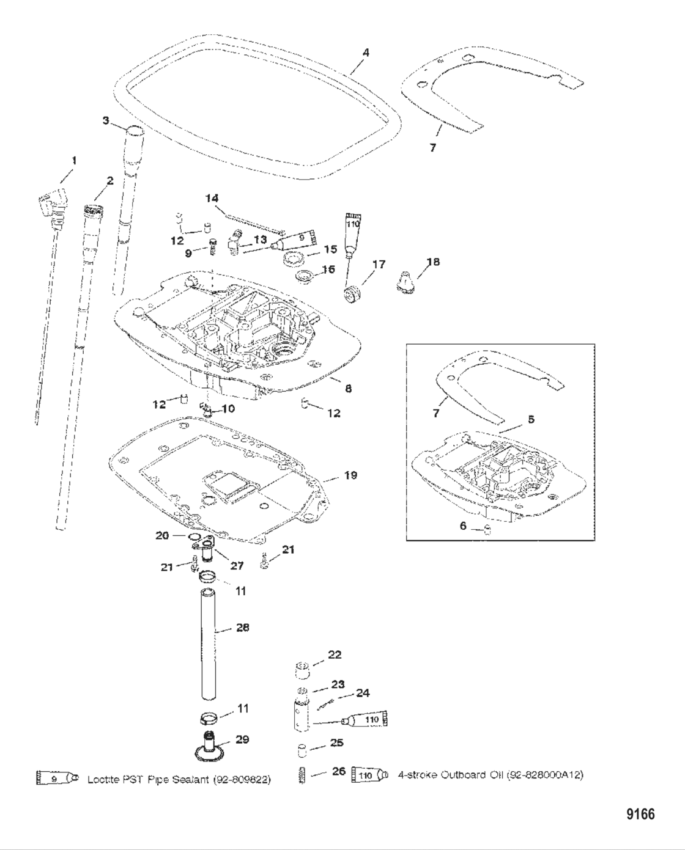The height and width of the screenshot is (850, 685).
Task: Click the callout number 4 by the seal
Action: pos(366,53)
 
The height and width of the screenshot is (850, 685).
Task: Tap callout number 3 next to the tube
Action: pos(106,120)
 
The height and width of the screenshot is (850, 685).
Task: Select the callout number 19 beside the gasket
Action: pos(351,475)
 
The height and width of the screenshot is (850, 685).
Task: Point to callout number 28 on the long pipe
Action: pos(242,628)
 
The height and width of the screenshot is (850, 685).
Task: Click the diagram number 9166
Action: pos(640,814)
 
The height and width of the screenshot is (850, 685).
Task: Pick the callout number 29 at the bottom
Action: pos(242,739)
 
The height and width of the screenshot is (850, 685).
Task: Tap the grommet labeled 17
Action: pos(352,295)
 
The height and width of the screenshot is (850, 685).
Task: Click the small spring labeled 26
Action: pos(302,775)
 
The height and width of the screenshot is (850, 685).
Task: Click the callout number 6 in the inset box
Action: pos(463,526)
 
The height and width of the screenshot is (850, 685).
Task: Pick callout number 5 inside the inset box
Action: pos(531,420)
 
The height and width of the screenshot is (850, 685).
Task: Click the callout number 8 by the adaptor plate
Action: pos(349,388)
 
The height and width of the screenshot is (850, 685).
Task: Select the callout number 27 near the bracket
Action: pos(237,566)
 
